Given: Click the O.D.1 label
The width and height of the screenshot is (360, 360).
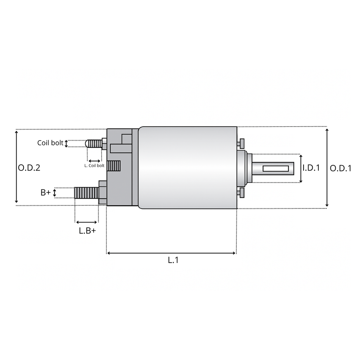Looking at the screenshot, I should tap(340, 168).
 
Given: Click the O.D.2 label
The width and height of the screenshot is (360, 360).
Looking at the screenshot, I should tap(29, 167).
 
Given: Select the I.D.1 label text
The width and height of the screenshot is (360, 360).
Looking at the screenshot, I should tap(311, 167).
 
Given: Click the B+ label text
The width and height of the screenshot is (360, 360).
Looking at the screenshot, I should tap(45, 193).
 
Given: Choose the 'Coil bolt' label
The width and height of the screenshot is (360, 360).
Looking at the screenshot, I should tap(50, 143).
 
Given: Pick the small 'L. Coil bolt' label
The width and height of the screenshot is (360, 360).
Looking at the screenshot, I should tap(94, 165).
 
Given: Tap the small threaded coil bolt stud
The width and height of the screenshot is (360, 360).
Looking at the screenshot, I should tap(94, 144).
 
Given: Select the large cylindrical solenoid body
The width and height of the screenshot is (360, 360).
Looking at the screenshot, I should tap(188, 167).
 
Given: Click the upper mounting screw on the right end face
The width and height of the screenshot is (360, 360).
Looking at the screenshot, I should tap(241, 143).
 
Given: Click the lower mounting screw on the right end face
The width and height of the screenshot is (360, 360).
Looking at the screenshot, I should tap(241, 193).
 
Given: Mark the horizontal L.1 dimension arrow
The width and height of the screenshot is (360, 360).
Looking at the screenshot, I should tap(171, 253).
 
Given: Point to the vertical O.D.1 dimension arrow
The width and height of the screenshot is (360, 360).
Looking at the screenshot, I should tap(327, 167).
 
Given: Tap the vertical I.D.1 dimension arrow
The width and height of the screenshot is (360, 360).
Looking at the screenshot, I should tap(301, 168).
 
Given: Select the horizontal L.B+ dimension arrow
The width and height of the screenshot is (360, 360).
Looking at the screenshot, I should tap(86, 222).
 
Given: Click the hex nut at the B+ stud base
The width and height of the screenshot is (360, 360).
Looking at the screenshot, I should tap(102, 193).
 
